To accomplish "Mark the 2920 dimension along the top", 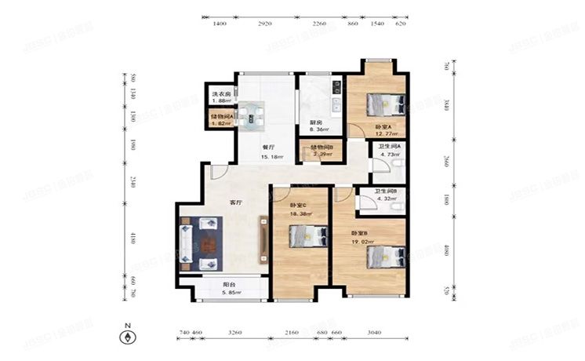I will (264, 24).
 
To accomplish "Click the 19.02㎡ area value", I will (363, 243).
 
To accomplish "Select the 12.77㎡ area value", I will (359, 134).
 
